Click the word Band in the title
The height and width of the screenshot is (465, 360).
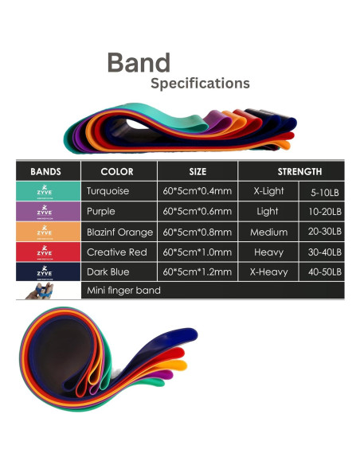pos(139,63)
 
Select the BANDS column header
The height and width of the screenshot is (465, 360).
pos(45,171)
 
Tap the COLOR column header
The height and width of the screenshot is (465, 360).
pos(117,171)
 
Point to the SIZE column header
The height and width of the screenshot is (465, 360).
pos(198,171)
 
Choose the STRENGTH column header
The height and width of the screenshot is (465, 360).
pos(299,171)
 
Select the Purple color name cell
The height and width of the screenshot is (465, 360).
pos(102,212)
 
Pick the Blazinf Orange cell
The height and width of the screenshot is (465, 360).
pos(119,232)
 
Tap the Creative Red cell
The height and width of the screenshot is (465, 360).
pos(116,252)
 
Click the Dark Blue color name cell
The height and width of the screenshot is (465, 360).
pos(108,272)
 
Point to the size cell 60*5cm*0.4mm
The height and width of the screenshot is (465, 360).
pos(197,192)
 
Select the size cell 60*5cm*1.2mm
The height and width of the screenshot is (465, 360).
pos(197,272)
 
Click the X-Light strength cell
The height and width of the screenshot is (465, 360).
pos(268,192)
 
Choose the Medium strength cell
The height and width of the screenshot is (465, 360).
pos(268,232)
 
